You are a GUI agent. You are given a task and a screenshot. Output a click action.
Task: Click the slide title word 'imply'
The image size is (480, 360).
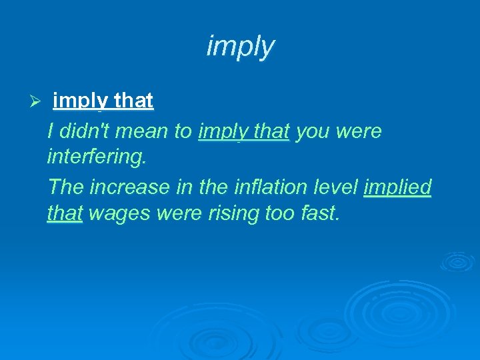[240, 47]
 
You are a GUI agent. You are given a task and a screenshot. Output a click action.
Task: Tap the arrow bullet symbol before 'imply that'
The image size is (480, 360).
[37, 101]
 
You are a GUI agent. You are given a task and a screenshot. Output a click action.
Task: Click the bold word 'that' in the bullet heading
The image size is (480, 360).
[133, 101]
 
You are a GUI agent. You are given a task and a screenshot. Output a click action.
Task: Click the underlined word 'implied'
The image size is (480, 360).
[397, 188]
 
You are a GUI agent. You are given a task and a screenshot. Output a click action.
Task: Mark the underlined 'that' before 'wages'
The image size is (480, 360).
[65, 215]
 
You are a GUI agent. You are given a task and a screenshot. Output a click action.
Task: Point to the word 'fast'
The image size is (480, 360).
[316, 215]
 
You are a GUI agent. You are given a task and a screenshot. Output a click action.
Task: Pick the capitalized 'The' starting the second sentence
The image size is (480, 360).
[66, 187]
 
